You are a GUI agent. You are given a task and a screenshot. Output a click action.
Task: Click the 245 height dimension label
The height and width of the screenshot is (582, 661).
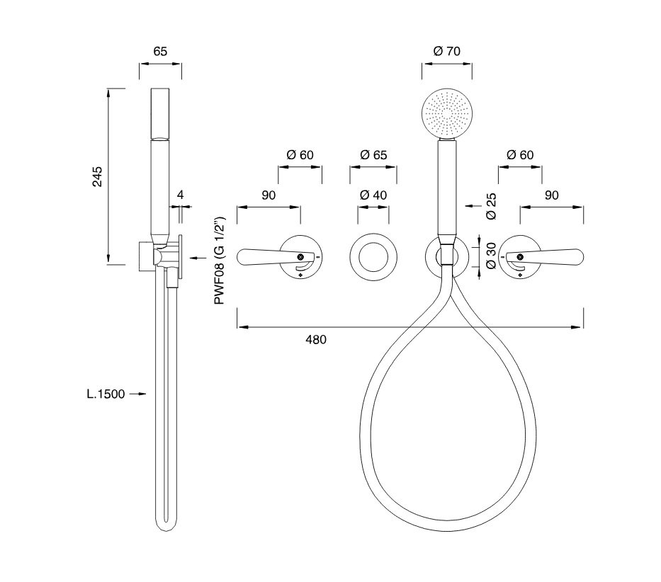98,177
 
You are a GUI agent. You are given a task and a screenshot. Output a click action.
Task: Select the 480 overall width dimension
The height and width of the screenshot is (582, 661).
316,339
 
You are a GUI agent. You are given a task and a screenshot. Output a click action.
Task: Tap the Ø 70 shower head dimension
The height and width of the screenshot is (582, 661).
446,51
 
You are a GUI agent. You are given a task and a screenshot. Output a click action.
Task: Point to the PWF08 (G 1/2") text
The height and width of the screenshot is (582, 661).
220,261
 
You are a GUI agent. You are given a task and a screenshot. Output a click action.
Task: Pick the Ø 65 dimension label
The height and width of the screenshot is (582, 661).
373,155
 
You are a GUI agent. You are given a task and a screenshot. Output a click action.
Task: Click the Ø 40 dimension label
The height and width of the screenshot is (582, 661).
373,195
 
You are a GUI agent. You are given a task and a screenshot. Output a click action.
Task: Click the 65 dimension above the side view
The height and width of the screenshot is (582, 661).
160,51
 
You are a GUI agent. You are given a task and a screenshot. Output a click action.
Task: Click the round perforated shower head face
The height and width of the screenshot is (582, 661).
446,113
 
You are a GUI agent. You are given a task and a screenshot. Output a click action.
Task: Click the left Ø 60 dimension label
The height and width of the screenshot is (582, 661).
300,155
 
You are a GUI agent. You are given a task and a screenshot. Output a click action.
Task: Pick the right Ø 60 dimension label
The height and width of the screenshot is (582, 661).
520,155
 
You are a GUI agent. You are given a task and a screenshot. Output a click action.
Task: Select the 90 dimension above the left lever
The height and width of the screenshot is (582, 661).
268,195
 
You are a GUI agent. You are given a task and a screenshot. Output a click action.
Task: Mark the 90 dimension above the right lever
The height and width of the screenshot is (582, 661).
552,195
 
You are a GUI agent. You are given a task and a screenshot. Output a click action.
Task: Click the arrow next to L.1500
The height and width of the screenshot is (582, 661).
138,394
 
